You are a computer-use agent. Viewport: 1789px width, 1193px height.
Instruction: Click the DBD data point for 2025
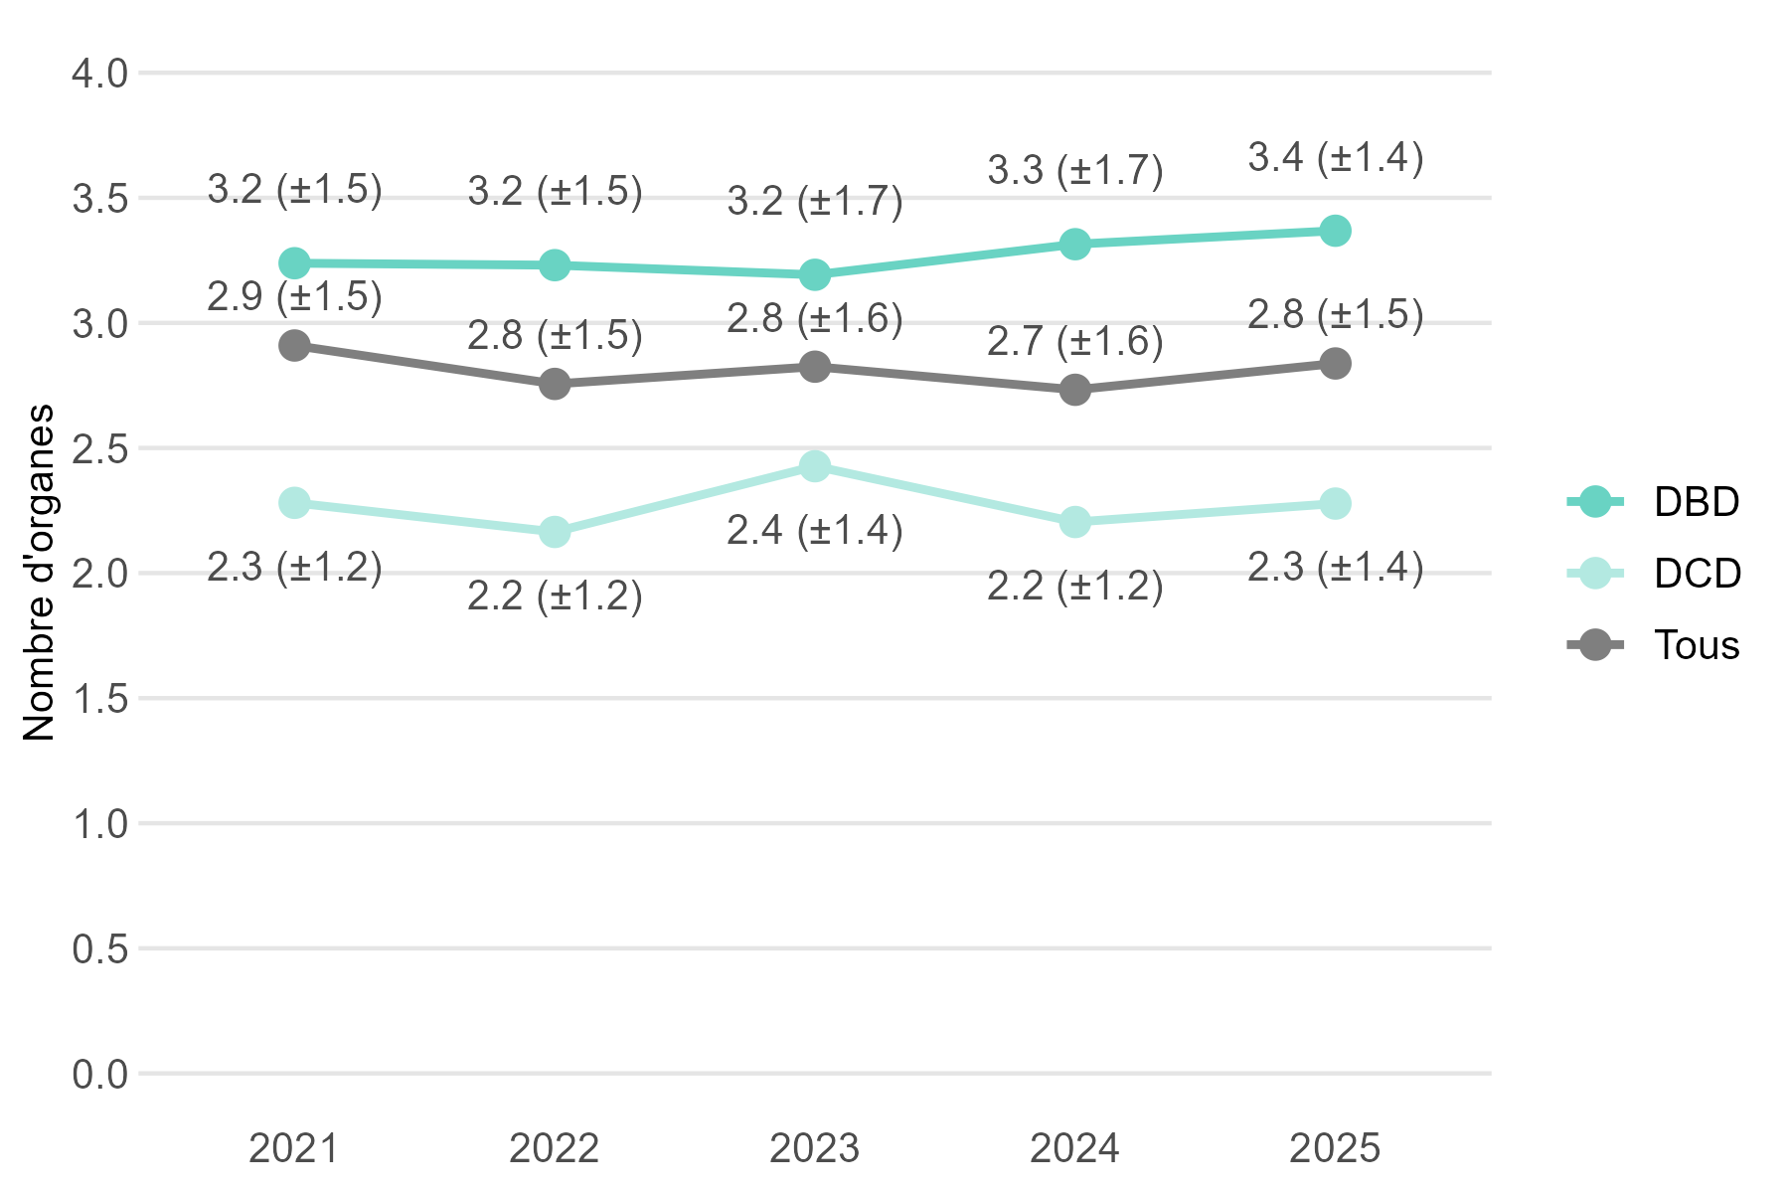click(x=1335, y=231)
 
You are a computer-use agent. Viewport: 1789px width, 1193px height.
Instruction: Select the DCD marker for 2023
click(x=815, y=465)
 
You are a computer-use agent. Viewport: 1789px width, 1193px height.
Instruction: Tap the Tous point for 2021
click(x=294, y=346)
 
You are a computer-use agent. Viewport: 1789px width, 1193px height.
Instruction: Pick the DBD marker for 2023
click(x=815, y=274)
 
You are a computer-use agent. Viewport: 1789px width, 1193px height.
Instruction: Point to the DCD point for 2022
click(x=555, y=532)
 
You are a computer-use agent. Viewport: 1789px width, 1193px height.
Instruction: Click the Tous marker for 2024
click(x=1074, y=390)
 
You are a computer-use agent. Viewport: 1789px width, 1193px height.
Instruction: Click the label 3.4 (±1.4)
click(x=1335, y=157)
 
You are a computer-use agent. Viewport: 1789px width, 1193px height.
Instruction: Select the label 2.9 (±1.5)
click(x=294, y=296)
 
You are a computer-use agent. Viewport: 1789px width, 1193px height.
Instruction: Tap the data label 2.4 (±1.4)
click(x=815, y=530)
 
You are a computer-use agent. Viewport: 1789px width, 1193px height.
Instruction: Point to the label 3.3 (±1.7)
click(x=1074, y=170)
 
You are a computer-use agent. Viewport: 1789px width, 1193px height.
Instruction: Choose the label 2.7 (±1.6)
click(x=1074, y=341)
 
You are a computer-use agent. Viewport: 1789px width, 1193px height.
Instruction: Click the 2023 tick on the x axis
click(x=815, y=1148)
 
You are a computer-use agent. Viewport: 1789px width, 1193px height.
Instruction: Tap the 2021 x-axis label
click(x=294, y=1148)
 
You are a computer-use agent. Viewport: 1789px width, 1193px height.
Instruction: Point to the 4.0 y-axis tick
click(x=100, y=74)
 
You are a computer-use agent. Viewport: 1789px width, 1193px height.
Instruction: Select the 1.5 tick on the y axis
click(x=100, y=699)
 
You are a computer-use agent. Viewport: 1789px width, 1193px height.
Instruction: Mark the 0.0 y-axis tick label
click(x=100, y=1075)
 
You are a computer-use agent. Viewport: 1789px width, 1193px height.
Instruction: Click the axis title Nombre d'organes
click(x=40, y=573)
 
